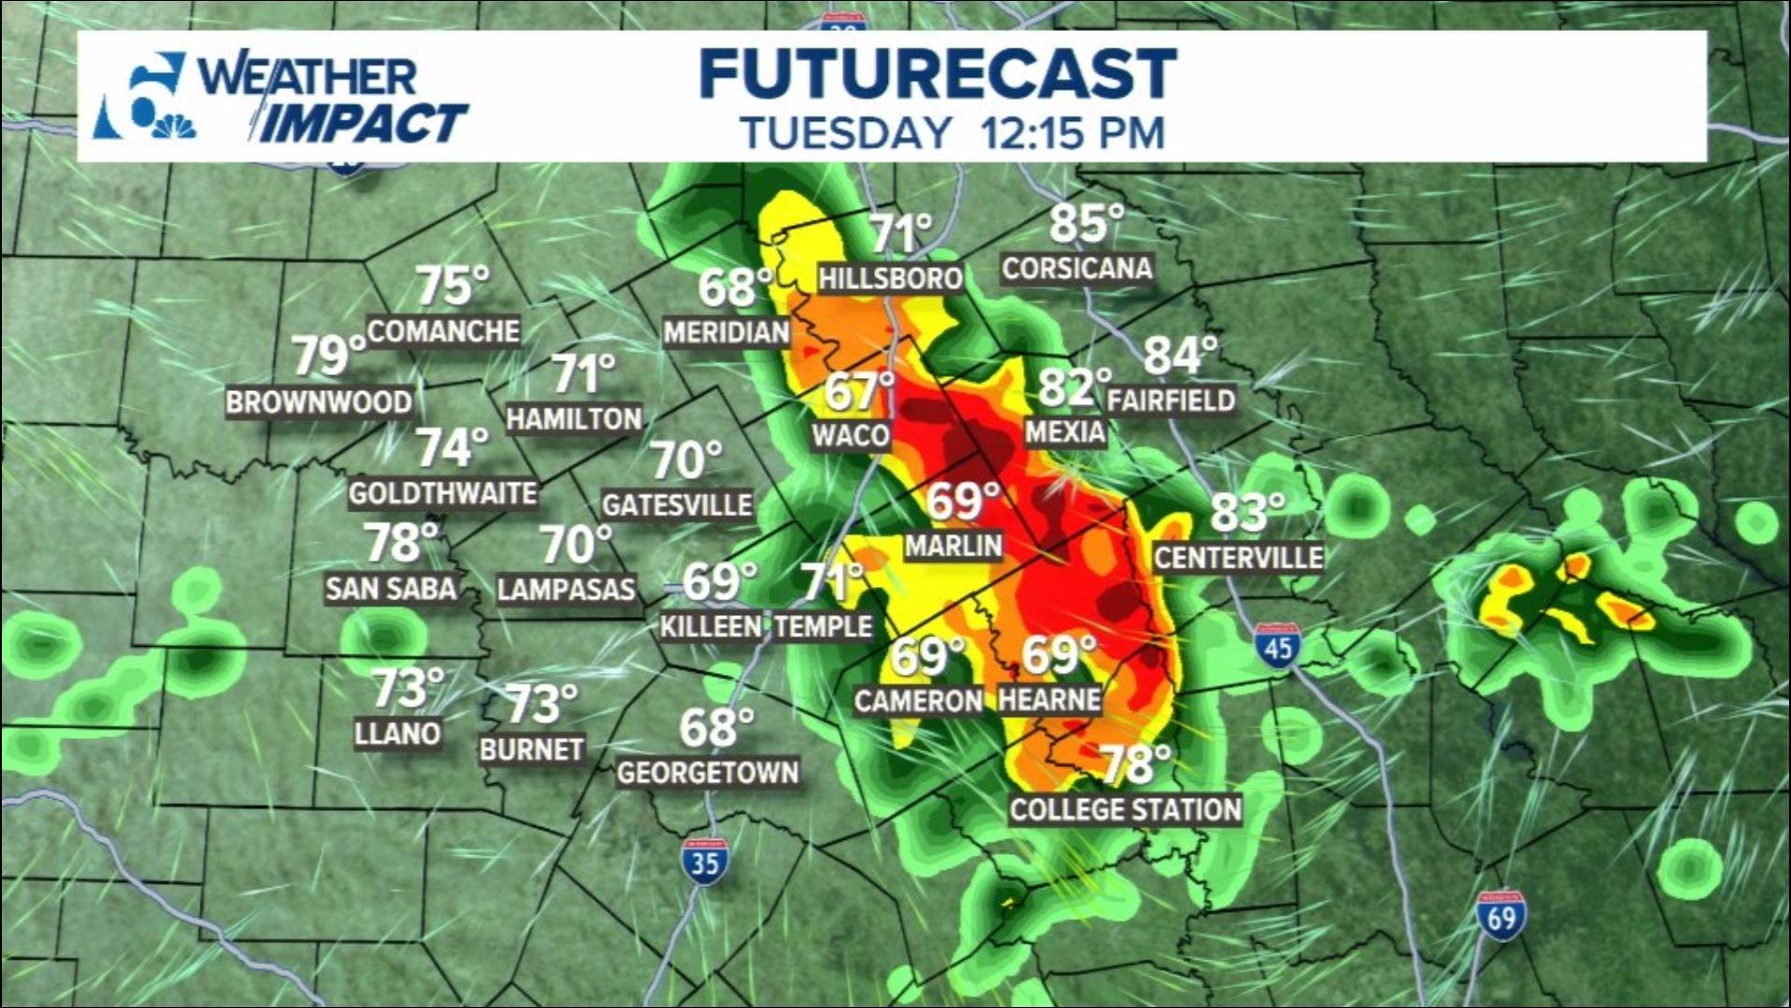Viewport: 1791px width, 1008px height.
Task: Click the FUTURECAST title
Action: [x=937, y=74]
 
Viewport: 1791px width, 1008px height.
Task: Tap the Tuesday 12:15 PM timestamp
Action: [x=952, y=133]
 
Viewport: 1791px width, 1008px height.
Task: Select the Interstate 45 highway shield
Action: [x=1278, y=645]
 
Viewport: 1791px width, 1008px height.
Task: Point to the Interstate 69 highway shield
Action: [x=1501, y=916]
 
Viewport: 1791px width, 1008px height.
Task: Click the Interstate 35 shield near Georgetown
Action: [x=704, y=861]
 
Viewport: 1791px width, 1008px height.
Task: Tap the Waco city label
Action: [x=851, y=435]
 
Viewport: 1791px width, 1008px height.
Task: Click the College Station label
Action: [x=1125, y=809]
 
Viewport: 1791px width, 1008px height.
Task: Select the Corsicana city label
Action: [x=1077, y=269]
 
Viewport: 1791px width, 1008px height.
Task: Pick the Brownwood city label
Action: [x=319, y=402]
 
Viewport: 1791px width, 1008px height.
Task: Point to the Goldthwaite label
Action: [x=443, y=493]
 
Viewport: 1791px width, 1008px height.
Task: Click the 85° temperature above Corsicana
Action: [x=1085, y=224]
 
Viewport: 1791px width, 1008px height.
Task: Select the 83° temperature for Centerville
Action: [x=1246, y=512]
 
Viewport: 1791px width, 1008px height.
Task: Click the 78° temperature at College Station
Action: [x=1135, y=765]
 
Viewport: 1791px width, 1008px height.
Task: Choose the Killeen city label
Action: [x=711, y=626]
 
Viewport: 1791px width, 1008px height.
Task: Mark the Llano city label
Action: [x=397, y=734]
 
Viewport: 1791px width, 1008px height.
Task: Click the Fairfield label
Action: [x=1172, y=400]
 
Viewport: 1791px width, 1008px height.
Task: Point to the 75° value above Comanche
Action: [x=451, y=286]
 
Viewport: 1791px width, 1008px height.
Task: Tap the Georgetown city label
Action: [x=708, y=773]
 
